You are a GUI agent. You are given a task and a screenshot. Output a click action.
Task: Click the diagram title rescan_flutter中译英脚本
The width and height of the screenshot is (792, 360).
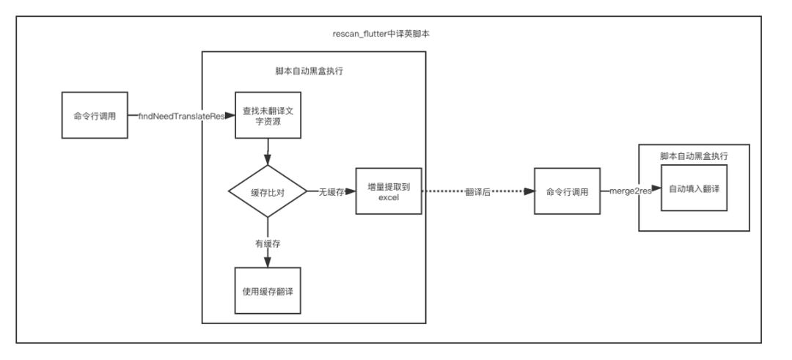pyautogui.click(x=386, y=34)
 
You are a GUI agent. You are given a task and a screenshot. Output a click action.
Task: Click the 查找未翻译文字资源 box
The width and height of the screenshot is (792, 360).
pyautogui.click(x=268, y=115)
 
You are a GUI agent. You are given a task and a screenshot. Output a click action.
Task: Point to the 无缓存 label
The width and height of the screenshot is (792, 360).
pyautogui.click(x=331, y=191)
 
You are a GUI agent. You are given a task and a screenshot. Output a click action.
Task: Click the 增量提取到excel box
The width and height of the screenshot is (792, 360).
pyautogui.click(x=389, y=191)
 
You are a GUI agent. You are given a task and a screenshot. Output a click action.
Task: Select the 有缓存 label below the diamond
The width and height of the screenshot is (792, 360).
pyautogui.click(x=268, y=243)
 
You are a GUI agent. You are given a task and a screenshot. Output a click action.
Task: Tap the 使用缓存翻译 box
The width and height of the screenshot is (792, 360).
pyautogui.click(x=268, y=290)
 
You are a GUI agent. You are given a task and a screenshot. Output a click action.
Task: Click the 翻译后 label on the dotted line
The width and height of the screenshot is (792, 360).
pyautogui.click(x=477, y=191)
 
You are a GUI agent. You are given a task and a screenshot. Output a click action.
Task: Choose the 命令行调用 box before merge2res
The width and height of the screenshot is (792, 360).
pyautogui.click(x=567, y=191)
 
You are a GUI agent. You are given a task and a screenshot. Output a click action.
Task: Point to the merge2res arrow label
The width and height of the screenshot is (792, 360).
pyautogui.click(x=631, y=191)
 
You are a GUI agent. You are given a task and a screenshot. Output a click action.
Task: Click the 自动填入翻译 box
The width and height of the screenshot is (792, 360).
pyautogui.click(x=694, y=188)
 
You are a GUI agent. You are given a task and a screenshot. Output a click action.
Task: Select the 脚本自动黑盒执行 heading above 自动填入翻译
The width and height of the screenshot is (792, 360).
pyautogui.click(x=694, y=156)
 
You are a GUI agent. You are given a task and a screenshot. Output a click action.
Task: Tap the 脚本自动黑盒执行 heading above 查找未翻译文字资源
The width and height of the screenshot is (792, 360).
pyautogui.click(x=314, y=71)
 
